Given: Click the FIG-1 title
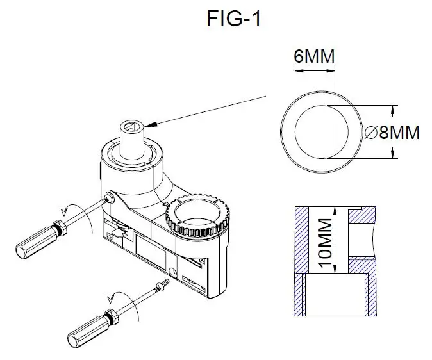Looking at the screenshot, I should click(x=234, y=19).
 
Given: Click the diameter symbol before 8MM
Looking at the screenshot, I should click(x=370, y=133).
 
